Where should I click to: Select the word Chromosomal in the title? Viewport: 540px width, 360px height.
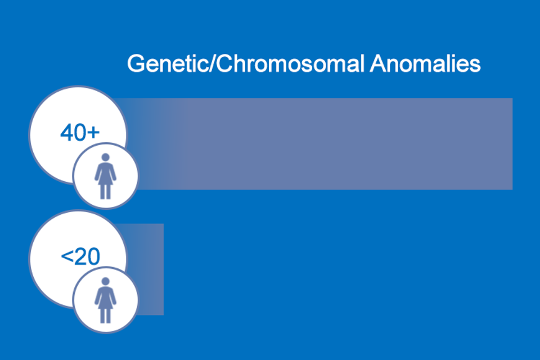(290, 64)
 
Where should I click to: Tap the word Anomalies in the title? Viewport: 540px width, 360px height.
(425, 64)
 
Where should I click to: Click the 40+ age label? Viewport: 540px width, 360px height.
(80, 133)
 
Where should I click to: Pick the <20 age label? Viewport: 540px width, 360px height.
(80, 256)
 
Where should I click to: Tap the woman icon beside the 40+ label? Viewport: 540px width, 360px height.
(105, 176)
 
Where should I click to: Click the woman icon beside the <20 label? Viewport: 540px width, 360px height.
(105, 300)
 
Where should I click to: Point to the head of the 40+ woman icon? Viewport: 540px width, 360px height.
(105, 157)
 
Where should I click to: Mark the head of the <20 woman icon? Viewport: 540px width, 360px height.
(105, 281)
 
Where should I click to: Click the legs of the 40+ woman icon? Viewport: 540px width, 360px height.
(105, 192)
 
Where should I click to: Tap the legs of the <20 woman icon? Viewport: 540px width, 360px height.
(105, 316)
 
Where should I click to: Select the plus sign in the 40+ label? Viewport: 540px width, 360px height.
(93, 133)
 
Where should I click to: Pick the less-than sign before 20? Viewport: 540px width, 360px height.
(66, 256)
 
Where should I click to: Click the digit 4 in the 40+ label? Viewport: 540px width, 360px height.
(66, 133)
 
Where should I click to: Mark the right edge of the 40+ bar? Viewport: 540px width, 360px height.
(512, 143)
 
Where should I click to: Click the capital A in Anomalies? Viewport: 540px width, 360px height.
(378, 64)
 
